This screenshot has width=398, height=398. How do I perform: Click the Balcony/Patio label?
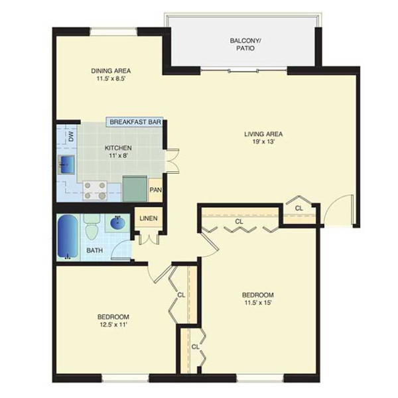(245, 44)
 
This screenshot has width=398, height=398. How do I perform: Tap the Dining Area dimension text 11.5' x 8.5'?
(111, 78)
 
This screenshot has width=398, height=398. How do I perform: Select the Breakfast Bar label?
(135, 122)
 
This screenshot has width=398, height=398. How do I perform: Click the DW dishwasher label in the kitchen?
(72, 137)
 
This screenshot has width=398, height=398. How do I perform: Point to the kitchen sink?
(66, 165)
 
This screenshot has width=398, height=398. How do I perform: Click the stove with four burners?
(95, 190)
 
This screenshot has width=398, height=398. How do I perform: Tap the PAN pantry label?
(155, 190)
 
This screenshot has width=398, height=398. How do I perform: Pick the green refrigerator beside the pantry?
(135, 188)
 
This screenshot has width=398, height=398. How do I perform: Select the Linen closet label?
(149, 218)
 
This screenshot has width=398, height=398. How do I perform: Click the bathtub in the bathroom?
(68, 236)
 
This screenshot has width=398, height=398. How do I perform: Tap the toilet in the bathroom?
(92, 227)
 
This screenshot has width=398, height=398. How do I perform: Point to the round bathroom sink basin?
(118, 224)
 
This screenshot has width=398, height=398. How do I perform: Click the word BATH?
(95, 250)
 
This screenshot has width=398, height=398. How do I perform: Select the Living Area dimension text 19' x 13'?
(263, 142)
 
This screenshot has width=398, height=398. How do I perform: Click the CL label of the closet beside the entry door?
(299, 208)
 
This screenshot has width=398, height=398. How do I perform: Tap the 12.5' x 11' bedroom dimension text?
(113, 324)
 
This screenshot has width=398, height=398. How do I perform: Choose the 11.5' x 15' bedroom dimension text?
(258, 302)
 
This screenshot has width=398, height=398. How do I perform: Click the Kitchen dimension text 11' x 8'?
(118, 155)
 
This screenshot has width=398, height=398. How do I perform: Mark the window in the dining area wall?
(113, 31)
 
